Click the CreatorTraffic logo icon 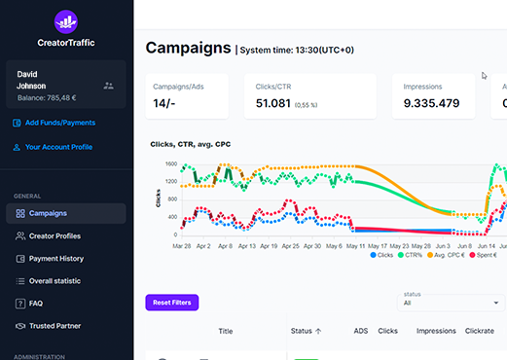pos(65,20)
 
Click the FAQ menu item pos(36,304)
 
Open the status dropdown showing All pos(452,303)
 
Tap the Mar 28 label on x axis pos(182,247)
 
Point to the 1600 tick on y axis pos(170,164)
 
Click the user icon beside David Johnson pos(108,86)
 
